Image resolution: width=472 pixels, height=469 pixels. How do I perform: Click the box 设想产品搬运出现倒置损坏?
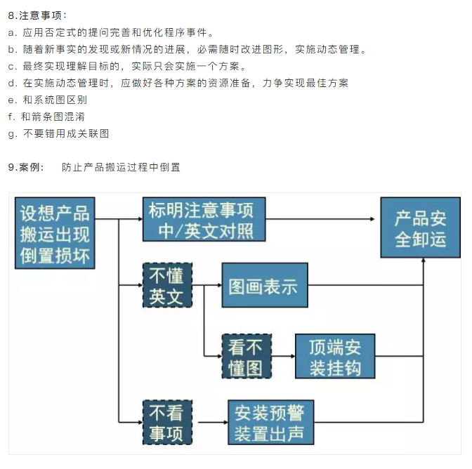pyautogui.click(x=55, y=232)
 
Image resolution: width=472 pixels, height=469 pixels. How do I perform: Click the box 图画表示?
pyautogui.click(x=265, y=286)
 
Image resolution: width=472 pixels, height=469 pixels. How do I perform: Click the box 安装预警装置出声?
pyautogui.click(x=270, y=421)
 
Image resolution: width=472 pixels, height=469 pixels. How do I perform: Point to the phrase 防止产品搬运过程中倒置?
pyautogui.click(x=121, y=167)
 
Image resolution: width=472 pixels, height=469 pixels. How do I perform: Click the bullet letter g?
pyautogui.click(x=11, y=133)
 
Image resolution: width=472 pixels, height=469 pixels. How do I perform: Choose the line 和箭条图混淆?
pyautogui.click(x=53, y=117)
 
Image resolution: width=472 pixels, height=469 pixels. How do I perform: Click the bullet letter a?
pyautogui.click(x=11, y=32)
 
